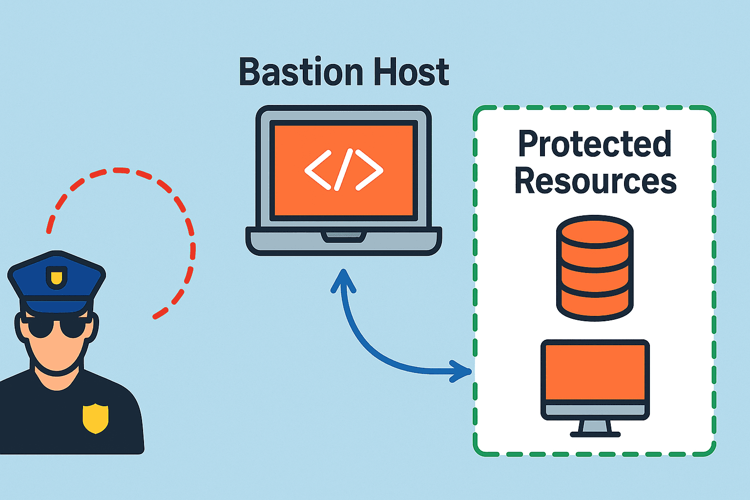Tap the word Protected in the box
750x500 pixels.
point(595,144)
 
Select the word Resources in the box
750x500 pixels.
point(595,181)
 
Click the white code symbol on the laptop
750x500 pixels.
point(344,169)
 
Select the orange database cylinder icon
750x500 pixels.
point(595,273)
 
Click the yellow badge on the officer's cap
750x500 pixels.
point(57,277)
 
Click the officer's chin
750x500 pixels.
point(57,365)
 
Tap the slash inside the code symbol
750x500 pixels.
point(344,169)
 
